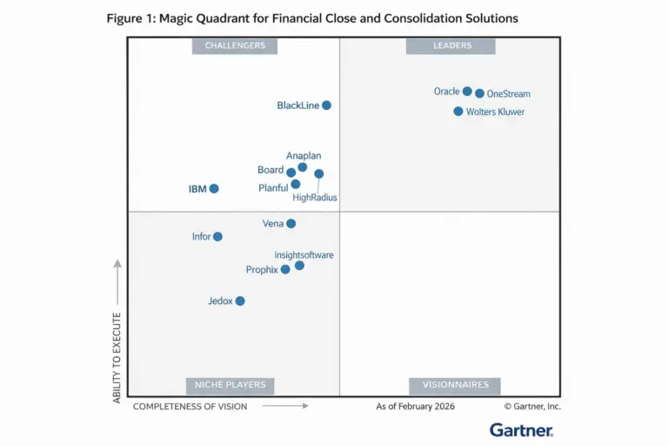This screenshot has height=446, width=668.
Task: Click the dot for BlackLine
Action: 326,105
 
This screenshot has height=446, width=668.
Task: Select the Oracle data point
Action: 467,91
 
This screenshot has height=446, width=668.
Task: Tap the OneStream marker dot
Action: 480,93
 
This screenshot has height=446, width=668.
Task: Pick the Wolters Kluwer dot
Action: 458,111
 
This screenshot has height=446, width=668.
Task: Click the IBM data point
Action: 214,188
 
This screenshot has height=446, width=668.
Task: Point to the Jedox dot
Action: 240,301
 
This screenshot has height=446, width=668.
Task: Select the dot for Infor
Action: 217,236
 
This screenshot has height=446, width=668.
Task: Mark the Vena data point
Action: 291,224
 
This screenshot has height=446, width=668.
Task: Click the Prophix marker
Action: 285,269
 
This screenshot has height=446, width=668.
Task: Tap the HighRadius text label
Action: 315,198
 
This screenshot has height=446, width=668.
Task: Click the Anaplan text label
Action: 304,156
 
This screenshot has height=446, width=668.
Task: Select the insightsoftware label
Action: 304,255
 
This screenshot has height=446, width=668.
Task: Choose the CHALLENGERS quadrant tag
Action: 235,46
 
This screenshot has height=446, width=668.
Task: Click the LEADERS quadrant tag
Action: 451,46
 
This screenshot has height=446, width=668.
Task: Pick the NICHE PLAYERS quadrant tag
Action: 230,385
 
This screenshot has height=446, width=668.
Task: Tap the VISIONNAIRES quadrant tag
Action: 455,385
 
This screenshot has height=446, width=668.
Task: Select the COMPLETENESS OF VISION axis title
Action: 190,406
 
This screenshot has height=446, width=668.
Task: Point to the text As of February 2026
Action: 415,406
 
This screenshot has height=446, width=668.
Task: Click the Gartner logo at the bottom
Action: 521,429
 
